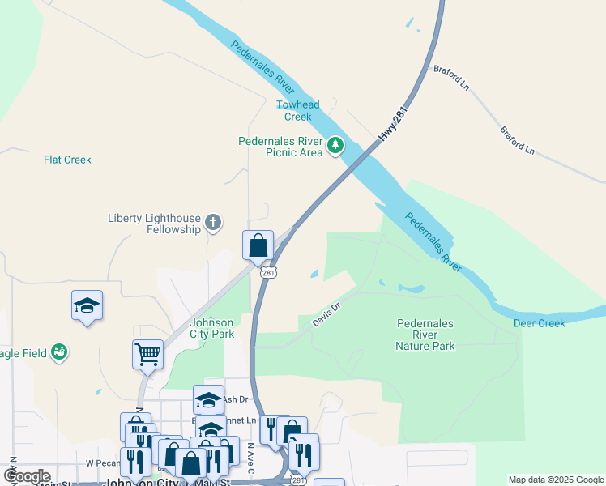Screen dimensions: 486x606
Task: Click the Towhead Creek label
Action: pyautogui.click(x=297, y=110)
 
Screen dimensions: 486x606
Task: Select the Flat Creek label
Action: pyautogui.click(x=67, y=160)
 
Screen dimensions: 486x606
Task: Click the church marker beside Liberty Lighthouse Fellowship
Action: pyautogui.click(x=212, y=223)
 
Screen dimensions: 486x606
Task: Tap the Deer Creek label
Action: pyautogui.click(x=540, y=323)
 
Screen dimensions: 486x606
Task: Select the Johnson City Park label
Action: pyautogui.click(x=211, y=328)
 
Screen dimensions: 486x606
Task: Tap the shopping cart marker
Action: pyautogui.click(x=147, y=353)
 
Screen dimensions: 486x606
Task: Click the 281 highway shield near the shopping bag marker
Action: pyautogui.click(x=267, y=273)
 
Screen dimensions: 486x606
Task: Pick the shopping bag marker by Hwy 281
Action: pyautogui.click(x=258, y=245)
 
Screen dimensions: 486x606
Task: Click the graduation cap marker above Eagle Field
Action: pyautogui.click(x=87, y=305)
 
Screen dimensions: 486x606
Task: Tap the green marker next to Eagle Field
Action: pyautogui.click(x=58, y=352)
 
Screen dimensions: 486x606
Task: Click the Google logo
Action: pyautogui.click(x=27, y=476)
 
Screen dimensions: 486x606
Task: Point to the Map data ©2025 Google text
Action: pyautogui.click(x=555, y=480)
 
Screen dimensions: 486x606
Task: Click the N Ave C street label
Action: pyautogui.click(x=250, y=458)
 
